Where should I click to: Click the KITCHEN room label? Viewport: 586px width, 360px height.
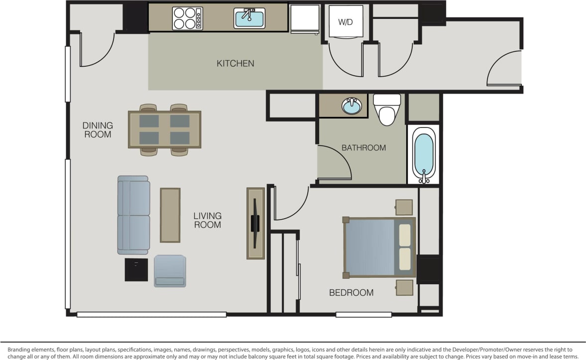pyautogui.click(x=235, y=64)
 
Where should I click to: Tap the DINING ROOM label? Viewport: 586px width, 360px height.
pyautogui.click(x=98, y=130)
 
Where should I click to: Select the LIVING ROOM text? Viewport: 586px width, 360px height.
pyautogui.click(x=208, y=220)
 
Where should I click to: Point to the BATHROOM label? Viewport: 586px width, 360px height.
pyautogui.click(x=363, y=148)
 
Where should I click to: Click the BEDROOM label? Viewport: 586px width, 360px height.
pyautogui.click(x=351, y=293)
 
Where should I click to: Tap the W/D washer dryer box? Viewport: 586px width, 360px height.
pyautogui.click(x=346, y=22)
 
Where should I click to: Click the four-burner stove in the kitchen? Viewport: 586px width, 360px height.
pyautogui.click(x=187, y=18)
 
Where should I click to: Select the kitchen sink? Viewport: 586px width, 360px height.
pyautogui.click(x=249, y=19)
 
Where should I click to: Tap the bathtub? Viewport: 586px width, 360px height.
pyautogui.click(x=424, y=155)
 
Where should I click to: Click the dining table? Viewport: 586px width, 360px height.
pyautogui.click(x=165, y=129)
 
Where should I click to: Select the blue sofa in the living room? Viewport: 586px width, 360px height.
pyautogui.click(x=133, y=215)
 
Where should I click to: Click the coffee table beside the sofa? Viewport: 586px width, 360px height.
pyautogui.click(x=170, y=215)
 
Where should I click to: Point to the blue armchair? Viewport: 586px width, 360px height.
pyautogui.click(x=170, y=271)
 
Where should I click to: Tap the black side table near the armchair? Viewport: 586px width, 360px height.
pyautogui.click(x=136, y=270)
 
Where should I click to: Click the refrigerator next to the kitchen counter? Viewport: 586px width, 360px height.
pyautogui.click(x=305, y=19)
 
